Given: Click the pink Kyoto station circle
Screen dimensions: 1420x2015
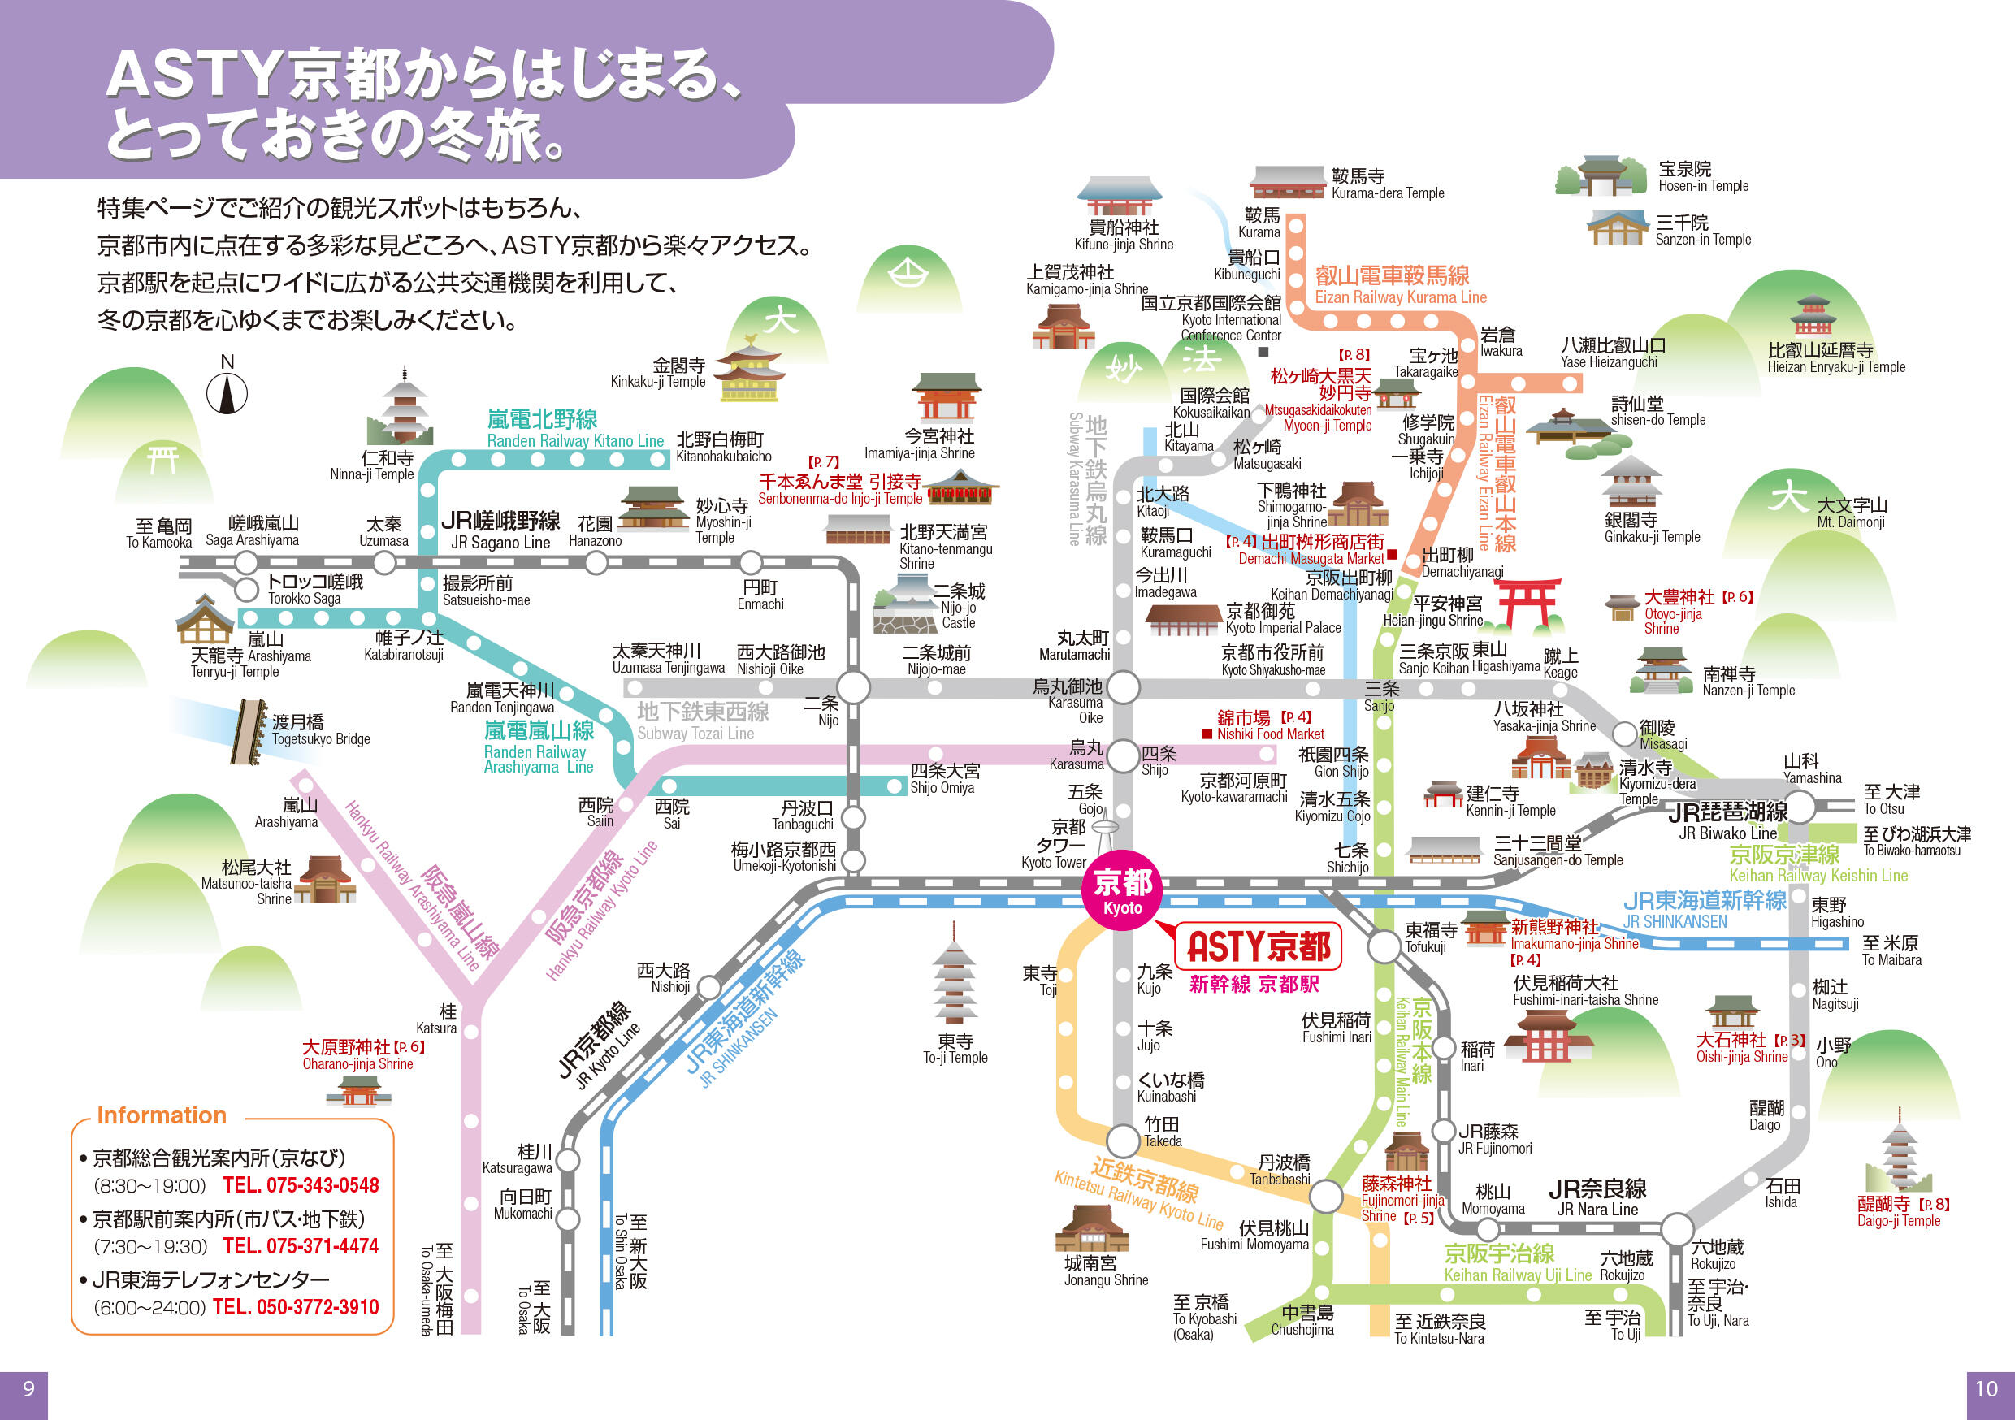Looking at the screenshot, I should click(1122, 889).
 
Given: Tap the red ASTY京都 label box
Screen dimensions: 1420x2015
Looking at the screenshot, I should click(1258, 946).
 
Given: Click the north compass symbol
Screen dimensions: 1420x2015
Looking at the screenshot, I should click(227, 392).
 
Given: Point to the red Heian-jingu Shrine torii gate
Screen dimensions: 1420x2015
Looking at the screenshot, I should click(1528, 603).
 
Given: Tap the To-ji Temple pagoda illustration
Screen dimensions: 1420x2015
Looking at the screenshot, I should click(954, 975).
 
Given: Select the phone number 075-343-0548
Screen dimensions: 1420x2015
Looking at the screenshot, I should click(300, 1186).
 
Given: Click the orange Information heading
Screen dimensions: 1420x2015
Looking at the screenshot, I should click(162, 1115).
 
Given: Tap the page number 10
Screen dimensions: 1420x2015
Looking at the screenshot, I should click(1986, 1389).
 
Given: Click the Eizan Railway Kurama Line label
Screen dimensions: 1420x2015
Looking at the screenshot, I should click(1400, 285).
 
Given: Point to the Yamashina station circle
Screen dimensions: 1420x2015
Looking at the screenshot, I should click(1798, 806).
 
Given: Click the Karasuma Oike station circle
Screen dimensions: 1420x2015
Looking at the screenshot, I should click(1122, 686).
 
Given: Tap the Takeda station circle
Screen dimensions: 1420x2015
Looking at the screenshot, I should click(1122, 1141).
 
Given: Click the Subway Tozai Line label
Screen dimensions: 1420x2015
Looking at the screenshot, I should click(702, 721).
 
